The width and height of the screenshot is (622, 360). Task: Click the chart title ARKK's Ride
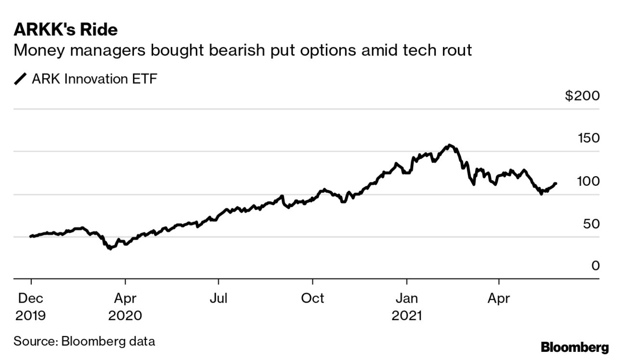[65, 30]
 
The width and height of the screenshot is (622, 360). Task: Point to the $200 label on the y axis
[583, 96]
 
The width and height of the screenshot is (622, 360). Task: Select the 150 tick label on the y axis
[588, 139]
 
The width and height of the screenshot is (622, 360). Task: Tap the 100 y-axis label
[588, 181]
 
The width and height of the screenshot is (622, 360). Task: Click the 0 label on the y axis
[596, 266]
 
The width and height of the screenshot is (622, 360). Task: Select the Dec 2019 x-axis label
[31, 307]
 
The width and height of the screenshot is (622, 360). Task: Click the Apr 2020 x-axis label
[125, 307]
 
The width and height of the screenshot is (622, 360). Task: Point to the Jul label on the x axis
[218, 298]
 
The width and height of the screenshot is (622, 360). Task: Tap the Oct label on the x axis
[312, 298]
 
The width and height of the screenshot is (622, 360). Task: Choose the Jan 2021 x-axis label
[407, 307]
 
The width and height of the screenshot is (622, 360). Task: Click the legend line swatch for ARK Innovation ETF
[21, 79]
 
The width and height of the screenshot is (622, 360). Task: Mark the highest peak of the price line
[449, 145]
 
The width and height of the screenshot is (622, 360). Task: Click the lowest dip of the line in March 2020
[110, 248]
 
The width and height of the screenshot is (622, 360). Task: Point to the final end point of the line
[556, 183]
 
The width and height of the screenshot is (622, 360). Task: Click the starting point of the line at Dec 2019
[31, 236]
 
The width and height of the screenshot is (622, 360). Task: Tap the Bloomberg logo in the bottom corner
[575, 347]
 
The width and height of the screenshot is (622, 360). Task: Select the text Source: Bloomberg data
[84, 342]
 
